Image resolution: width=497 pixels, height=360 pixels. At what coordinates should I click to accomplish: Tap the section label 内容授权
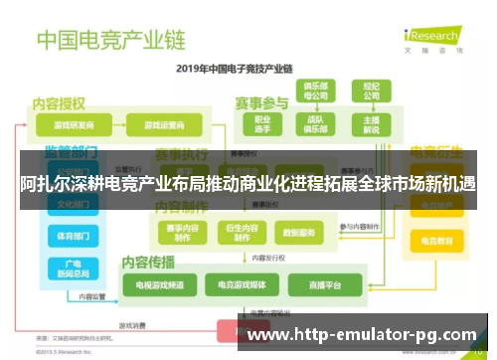click(59, 102)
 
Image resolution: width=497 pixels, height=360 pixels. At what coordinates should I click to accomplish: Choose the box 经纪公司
click(372, 91)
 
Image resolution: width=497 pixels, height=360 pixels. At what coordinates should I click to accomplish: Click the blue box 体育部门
click(72, 237)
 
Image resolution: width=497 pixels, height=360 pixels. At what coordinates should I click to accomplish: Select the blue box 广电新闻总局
click(72, 269)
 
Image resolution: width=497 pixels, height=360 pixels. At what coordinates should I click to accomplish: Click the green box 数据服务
click(297, 233)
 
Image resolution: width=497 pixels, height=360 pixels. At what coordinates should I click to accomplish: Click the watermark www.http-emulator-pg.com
click(360, 334)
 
